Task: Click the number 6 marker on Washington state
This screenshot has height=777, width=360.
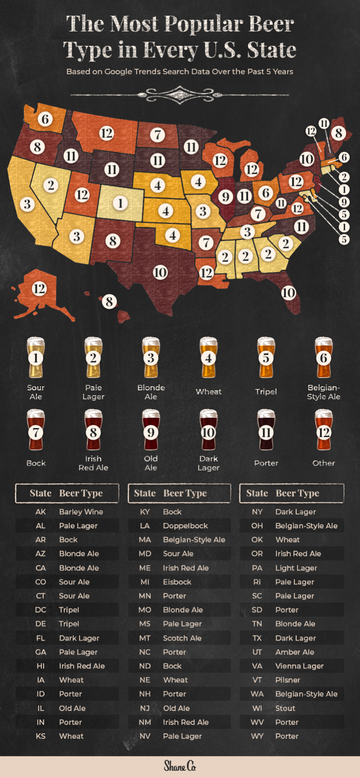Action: coord(45,119)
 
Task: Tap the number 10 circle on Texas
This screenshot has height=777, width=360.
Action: coord(160,272)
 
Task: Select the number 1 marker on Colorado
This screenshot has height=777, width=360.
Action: coord(120,203)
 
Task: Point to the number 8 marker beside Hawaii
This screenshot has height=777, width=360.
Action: coord(109,301)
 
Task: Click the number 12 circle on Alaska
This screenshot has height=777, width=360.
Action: coord(39,289)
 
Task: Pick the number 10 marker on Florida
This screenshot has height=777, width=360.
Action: coord(288,293)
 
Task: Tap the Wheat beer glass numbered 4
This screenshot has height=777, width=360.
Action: coord(208,357)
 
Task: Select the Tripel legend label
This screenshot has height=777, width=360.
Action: coord(266,392)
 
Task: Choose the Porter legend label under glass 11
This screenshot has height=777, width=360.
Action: coord(266,463)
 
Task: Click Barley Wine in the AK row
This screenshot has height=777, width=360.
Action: coord(81,512)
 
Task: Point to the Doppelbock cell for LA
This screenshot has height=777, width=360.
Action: coord(185,526)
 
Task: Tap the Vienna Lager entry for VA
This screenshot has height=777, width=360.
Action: coord(299,666)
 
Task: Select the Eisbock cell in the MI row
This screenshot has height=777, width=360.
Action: coord(177,582)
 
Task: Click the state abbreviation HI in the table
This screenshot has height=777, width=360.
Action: coord(40,666)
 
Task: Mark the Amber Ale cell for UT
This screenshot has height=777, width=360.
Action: coord(295,652)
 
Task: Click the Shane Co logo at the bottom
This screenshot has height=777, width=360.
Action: coord(180,766)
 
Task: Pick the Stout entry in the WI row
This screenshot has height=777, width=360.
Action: coord(285,709)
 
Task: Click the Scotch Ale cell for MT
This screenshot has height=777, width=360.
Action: coord(182,638)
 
